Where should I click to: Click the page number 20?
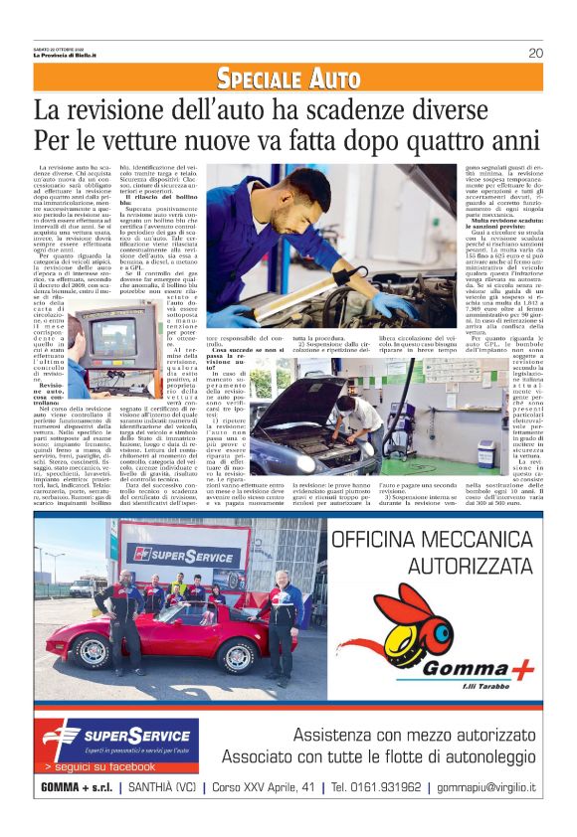click(x=535, y=53)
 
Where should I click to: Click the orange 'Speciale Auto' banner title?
click(x=288, y=79)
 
